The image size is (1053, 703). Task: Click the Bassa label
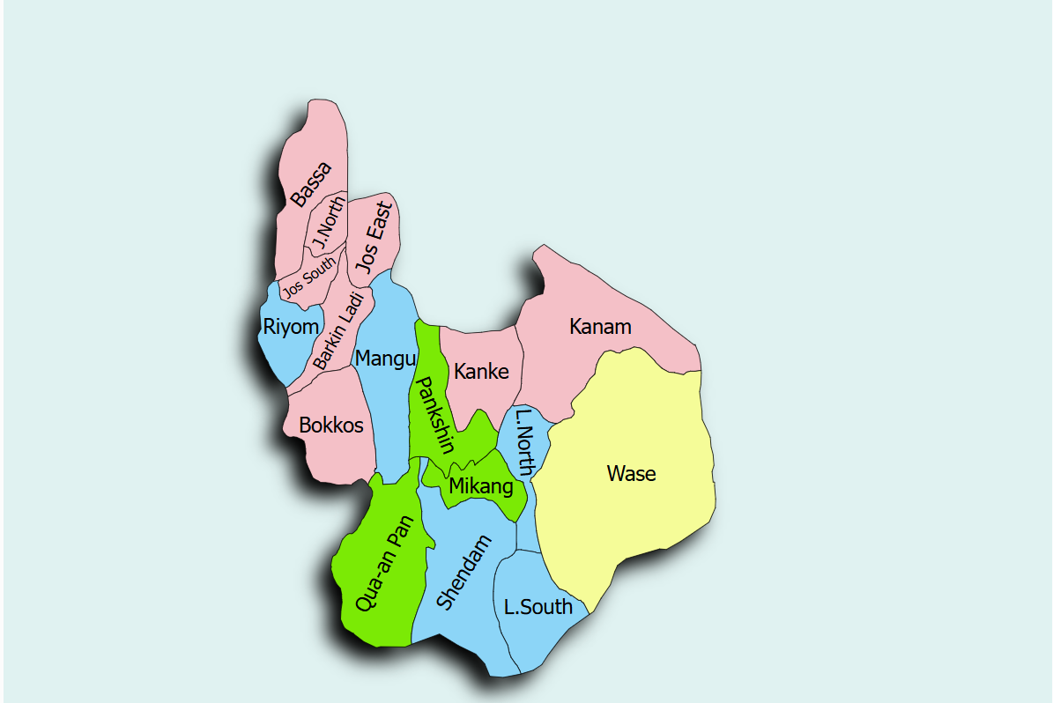coord(312,185)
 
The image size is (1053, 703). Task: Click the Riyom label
coord(290,328)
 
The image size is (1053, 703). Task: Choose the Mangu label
coord(384,359)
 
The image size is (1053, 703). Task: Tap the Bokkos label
coord(330,425)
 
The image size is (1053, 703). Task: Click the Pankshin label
coord(434,415)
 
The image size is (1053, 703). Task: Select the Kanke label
coord(481,372)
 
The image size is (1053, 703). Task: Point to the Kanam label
coord(600,327)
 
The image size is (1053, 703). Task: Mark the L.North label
coord(524,442)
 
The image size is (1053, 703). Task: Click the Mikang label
coord(480,486)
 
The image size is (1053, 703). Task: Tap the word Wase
coord(631,474)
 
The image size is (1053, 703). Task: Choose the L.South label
coord(538,607)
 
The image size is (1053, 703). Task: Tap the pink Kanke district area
coord(480,401)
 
